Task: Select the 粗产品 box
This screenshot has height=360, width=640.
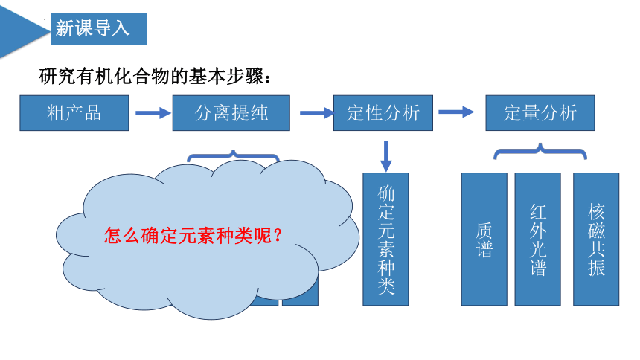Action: (x=74, y=113)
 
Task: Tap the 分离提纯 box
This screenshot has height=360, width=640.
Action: (x=231, y=113)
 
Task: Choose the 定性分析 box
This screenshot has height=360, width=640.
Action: (x=383, y=113)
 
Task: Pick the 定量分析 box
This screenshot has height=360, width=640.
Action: (x=540, y=113)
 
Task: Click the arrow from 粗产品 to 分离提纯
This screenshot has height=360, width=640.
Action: (x=153, y=113)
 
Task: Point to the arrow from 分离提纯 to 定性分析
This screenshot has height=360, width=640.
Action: (x=317, y=113)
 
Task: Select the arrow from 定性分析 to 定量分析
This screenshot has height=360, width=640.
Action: (x=456, y=112)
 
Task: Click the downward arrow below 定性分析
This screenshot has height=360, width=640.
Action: (x=385, y=156)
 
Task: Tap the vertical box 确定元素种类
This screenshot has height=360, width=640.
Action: (x=385, y=240)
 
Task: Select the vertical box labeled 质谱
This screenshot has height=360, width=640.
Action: (x=484, y=240)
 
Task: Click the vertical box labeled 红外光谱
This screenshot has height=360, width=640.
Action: (x=537, y=240)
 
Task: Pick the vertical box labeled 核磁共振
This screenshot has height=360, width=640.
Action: (x=596, y=240)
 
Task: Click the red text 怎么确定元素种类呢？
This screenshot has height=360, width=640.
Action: (x=193, y=236)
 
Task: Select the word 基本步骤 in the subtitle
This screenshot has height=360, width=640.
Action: (x=225, y=77)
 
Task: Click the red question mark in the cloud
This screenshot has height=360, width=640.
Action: (x=278, y=236)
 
